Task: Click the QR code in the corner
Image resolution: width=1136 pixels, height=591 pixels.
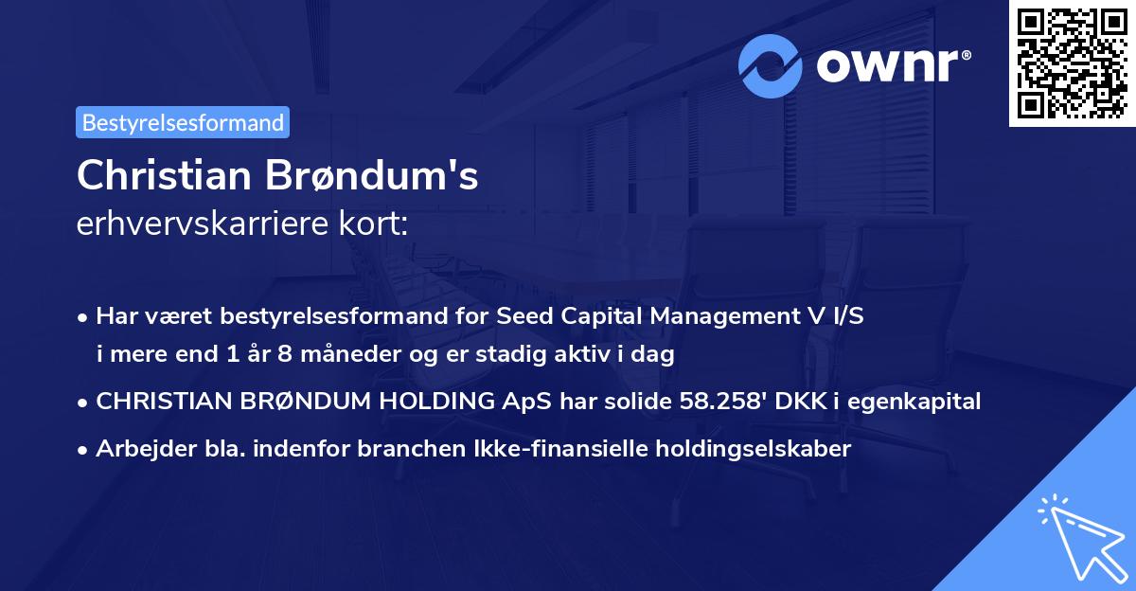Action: (1072, 63)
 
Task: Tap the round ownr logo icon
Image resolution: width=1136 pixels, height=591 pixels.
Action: (772, 66)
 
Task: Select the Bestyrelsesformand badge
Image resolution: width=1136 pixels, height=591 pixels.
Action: (183, 122)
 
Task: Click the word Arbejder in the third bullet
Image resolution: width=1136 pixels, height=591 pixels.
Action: (136, 449)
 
